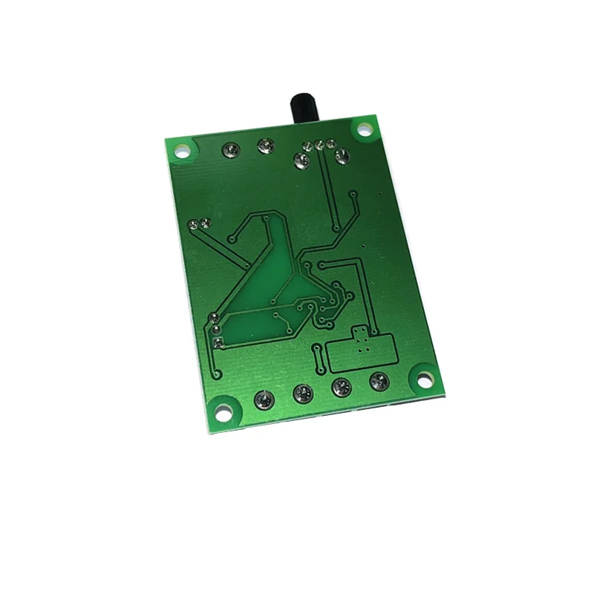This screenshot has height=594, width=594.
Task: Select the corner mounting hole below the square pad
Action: pos(221,409)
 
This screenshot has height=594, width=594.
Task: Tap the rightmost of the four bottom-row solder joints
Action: pos(379,382)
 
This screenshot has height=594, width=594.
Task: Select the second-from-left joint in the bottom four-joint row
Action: pos(301,393)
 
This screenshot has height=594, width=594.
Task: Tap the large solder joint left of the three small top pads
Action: pos(301,159)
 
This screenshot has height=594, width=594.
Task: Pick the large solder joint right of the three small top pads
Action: pos(342,156)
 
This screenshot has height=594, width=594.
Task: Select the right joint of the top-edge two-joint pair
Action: pos(264,146)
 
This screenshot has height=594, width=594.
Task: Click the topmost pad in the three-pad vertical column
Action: pos(214,319)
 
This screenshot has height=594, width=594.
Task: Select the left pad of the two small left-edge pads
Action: pos(194,223)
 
